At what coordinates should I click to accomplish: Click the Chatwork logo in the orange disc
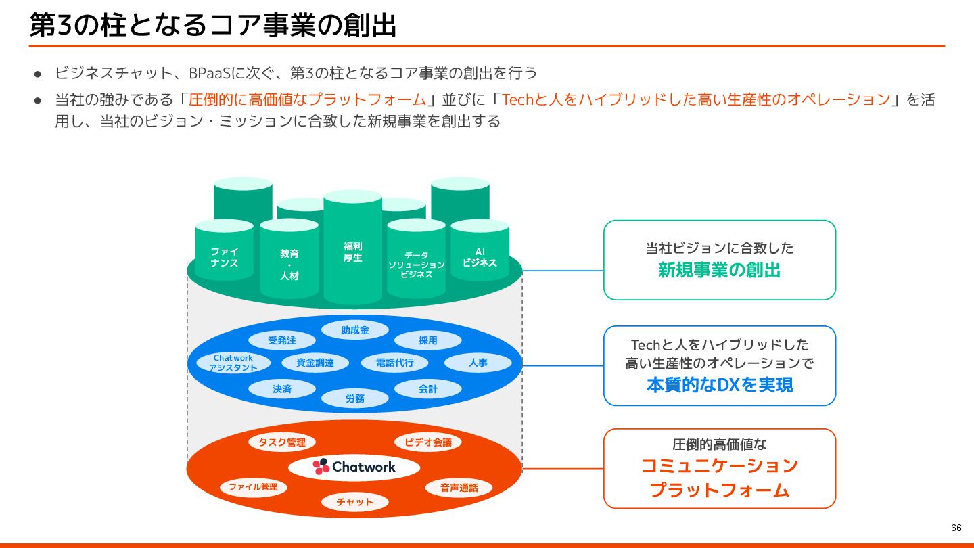pyautogui.click(x=354, y=467)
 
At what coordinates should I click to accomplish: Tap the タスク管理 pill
pyautogui.click(x=282, y=442)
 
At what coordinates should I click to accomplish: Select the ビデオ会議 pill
pyautogui.click(x=427, y=442)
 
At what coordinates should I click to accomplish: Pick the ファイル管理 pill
pyautogui.click(x=253, y=487)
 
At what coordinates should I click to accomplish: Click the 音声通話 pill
pyautogui.click(x=459, y=488)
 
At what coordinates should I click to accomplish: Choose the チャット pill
pyautogui.click(x=355, y=502)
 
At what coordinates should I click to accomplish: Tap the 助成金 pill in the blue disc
pyautogui.click(x=355, y=330)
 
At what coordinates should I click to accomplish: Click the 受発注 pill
pyautogui.click(x=282, y=340)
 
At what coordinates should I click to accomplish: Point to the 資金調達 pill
pyautogui.click(x=315, y=363)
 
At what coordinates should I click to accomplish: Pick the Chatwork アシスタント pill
pyautogui.click(x=233, y=363)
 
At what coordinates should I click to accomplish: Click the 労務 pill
pyautogui.click(x=355, y=398)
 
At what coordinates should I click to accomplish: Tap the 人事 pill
pyautogui.click(x=478, y=363)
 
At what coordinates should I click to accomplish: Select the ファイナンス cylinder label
pyautogui.click(x=224, y=257)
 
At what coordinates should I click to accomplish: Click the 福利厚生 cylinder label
pyautogui.click(x=352, y=252)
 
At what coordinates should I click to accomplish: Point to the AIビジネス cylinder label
pyautogui.click(x=480, y=257)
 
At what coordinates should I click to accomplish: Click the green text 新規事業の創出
pyautogui.click(x=719, y=271)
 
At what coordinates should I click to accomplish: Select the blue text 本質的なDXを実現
pyautogui.click(x=719, y=385)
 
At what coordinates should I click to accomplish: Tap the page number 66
pyautogui.click(x=956, y=528)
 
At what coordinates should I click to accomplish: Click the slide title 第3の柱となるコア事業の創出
pyautogui.click(x=212, y=25)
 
